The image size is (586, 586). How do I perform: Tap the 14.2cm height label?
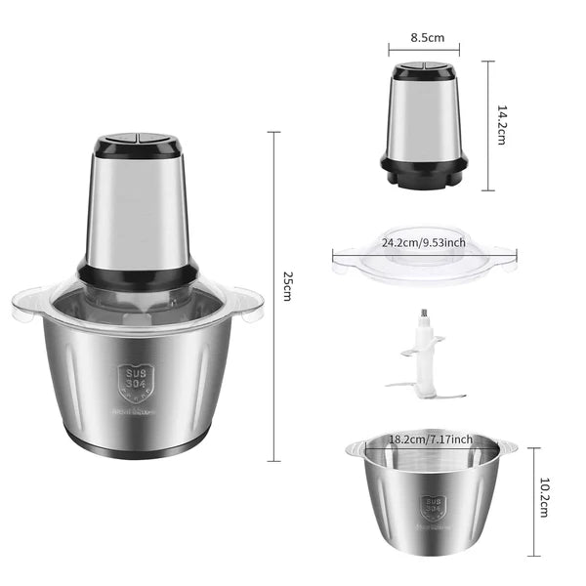tap(502, 125)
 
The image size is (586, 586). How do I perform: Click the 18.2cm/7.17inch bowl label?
tap(431, 439)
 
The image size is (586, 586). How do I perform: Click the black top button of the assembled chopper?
tap(137, 146)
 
